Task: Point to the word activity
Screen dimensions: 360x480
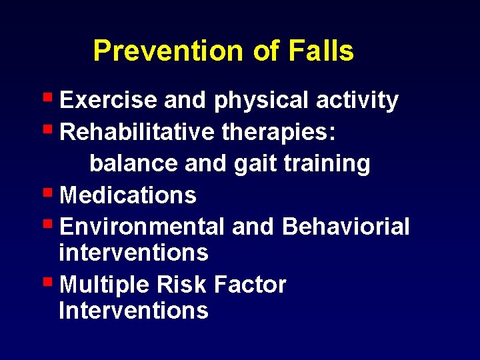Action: [x=357, y=101]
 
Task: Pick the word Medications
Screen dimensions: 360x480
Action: [x=128, y=195]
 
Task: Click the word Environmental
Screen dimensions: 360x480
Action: [x=142, y=227]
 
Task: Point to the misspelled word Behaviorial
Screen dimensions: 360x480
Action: [x=346, y=227]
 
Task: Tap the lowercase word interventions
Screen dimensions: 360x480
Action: [x=133, y=253]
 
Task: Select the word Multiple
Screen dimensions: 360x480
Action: [x=105, y=285]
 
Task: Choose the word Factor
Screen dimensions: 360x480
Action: [x=251, y=285]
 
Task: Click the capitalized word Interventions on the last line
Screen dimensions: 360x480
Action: [x=133, y=311]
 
